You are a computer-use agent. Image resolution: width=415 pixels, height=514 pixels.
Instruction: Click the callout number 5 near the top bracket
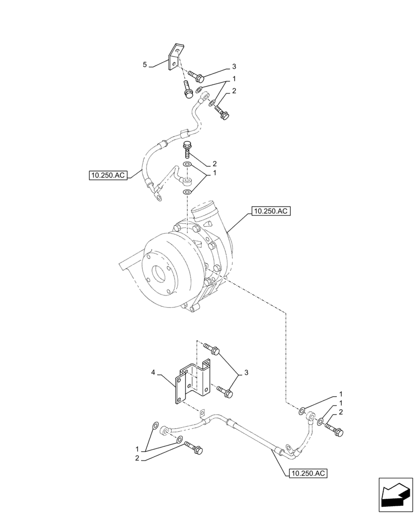pos(145,65)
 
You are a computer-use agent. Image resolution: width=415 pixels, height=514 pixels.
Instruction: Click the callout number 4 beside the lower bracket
pos(153,371)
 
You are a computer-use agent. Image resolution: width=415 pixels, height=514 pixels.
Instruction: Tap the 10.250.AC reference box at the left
pos(107,176)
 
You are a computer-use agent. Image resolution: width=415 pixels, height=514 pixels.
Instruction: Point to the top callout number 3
pos(234,66)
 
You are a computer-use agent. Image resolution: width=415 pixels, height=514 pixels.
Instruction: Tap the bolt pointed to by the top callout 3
pos(196,77)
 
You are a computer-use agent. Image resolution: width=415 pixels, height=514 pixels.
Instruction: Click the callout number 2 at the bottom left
pos(137,457)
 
